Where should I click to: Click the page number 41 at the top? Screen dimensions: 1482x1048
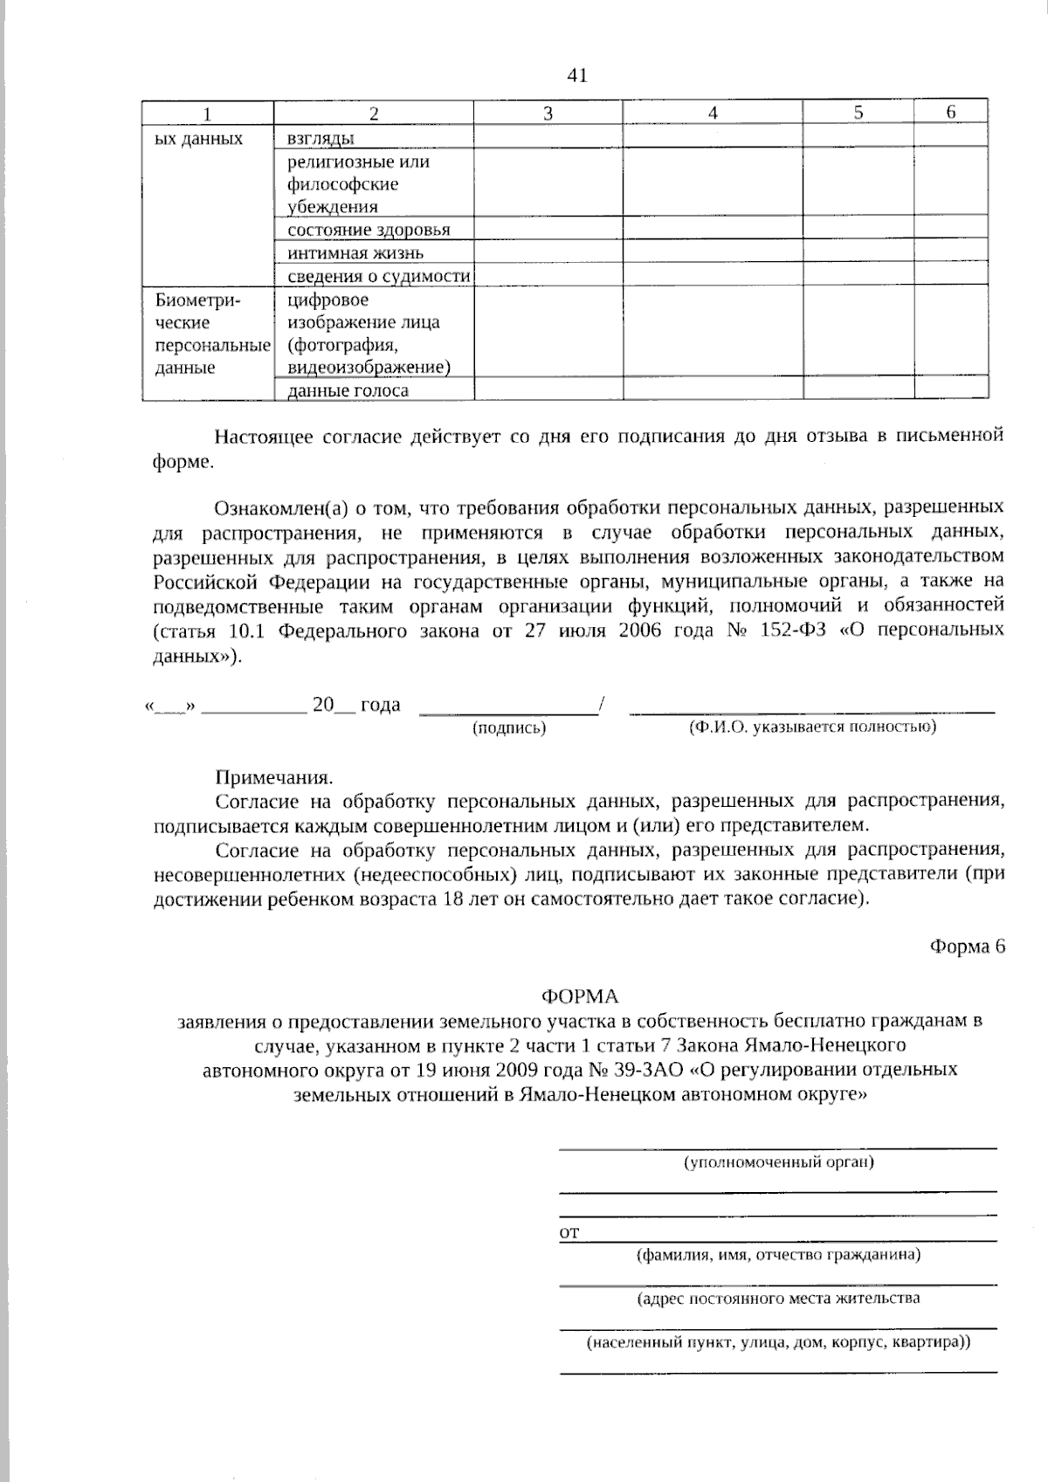[577, 76]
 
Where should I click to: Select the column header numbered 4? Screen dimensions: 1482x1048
[713, 113]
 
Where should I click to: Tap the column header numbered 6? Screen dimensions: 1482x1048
[951, 112]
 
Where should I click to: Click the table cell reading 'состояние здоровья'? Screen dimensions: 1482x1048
[369, 230]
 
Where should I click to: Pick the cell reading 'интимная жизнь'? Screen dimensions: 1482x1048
[355, 253]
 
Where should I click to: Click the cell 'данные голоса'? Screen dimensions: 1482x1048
[348, 390]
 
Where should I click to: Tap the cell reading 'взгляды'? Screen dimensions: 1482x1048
[321, 138]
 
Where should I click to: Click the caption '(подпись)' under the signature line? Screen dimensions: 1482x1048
[509, 727]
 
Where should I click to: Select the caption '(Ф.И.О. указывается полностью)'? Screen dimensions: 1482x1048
[811, 727]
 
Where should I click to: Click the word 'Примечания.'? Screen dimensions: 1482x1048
[274, 777]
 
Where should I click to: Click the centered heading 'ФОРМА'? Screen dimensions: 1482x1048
[580, 996]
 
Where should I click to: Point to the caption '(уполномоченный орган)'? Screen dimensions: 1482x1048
[778, 1161]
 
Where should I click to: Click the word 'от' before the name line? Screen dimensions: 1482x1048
[569, 1233]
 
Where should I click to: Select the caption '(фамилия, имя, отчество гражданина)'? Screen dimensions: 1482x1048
[778, 1255]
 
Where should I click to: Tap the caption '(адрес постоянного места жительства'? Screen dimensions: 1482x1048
[778, 1299]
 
